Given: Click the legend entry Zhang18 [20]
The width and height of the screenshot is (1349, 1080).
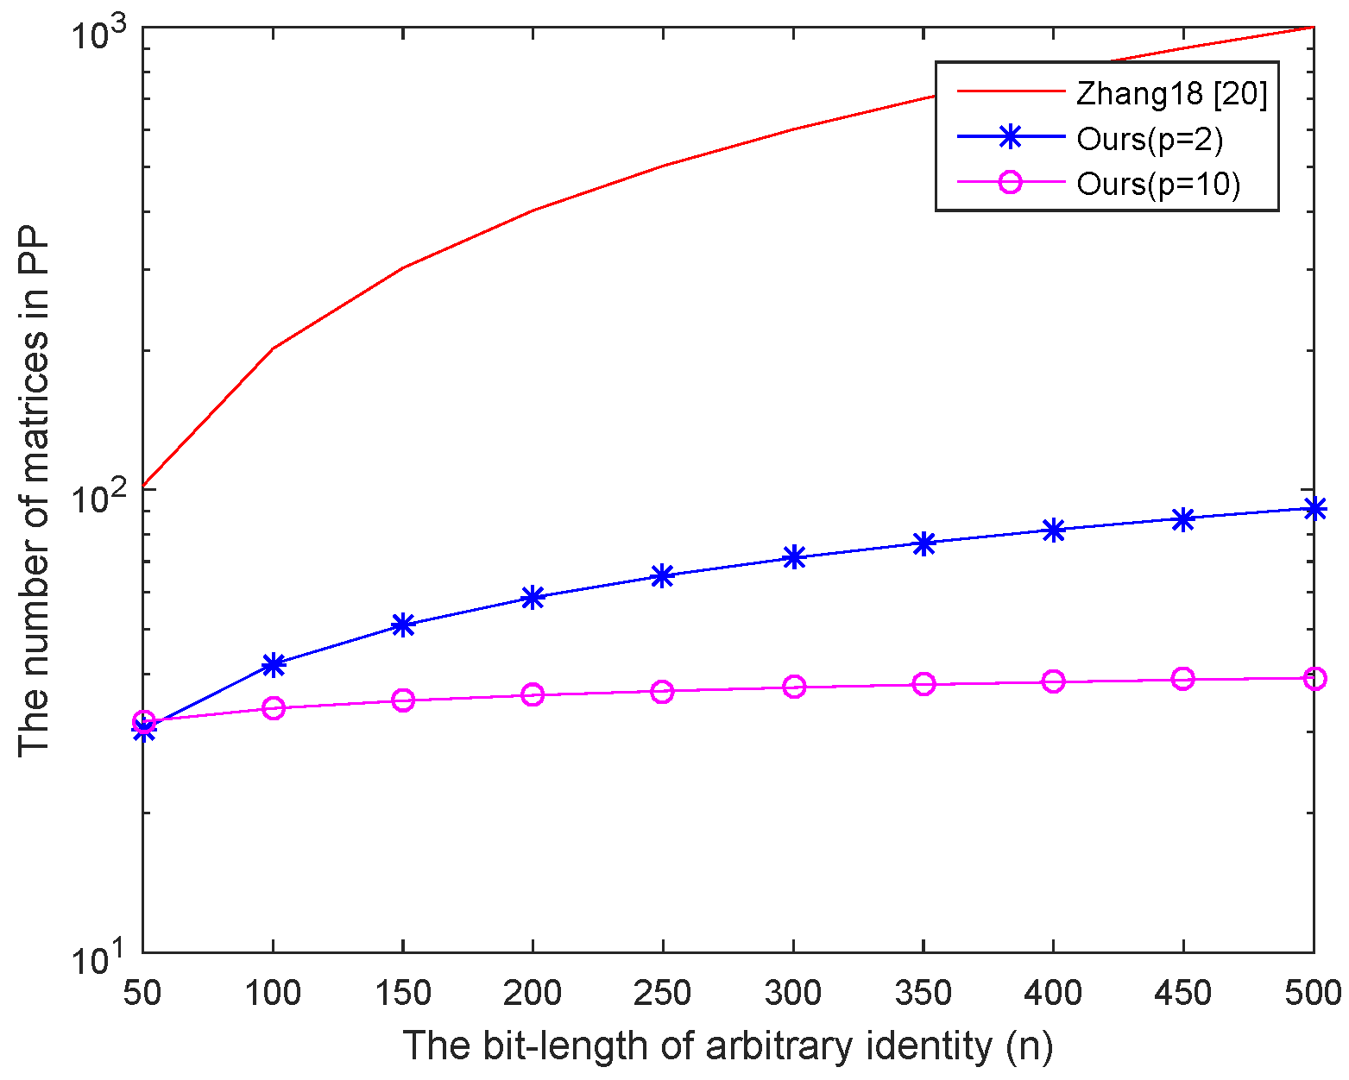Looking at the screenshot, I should tap(1171, 93).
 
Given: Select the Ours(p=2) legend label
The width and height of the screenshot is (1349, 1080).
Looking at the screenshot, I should tap(1150, 138).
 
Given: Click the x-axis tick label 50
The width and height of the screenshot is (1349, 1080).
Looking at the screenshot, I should tap(142, 994).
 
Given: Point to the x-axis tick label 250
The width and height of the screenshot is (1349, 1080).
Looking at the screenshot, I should tap(662, 994).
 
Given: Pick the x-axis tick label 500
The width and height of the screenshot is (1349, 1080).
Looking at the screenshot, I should tap(1312, 994).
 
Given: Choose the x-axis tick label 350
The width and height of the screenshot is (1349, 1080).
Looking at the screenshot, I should tap(923, 994).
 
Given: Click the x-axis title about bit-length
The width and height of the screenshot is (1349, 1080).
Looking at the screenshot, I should tap(728, 1046).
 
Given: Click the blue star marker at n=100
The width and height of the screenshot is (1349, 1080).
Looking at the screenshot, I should tap(273, 664).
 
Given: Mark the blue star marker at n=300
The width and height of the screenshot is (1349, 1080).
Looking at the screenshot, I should tap(793, 557).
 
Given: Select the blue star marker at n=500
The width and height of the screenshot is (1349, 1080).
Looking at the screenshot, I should tap(1313, 508).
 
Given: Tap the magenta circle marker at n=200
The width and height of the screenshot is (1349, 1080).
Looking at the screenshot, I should tap(533, 694).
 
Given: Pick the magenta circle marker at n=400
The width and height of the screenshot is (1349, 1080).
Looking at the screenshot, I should tap(1053, 681).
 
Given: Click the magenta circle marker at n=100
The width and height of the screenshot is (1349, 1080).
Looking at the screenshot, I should tap(273, 708).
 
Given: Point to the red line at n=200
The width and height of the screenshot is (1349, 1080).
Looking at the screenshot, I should tap(533, 210).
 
